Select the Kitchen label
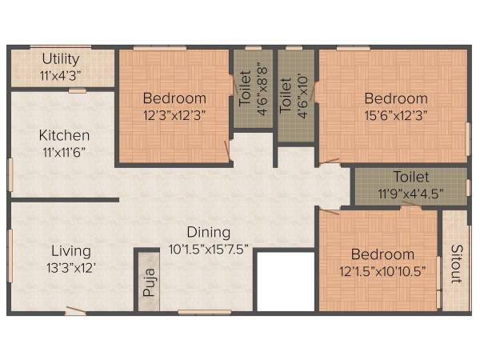[64, 135]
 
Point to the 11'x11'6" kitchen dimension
[63, 151]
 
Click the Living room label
[68, 250]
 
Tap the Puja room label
[148, 284]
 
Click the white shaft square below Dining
[286, 282]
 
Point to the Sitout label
[455, 264]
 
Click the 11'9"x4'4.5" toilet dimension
[410, 192]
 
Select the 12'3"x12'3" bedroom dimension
[175, 114]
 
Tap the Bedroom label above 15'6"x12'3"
[396, 98]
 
